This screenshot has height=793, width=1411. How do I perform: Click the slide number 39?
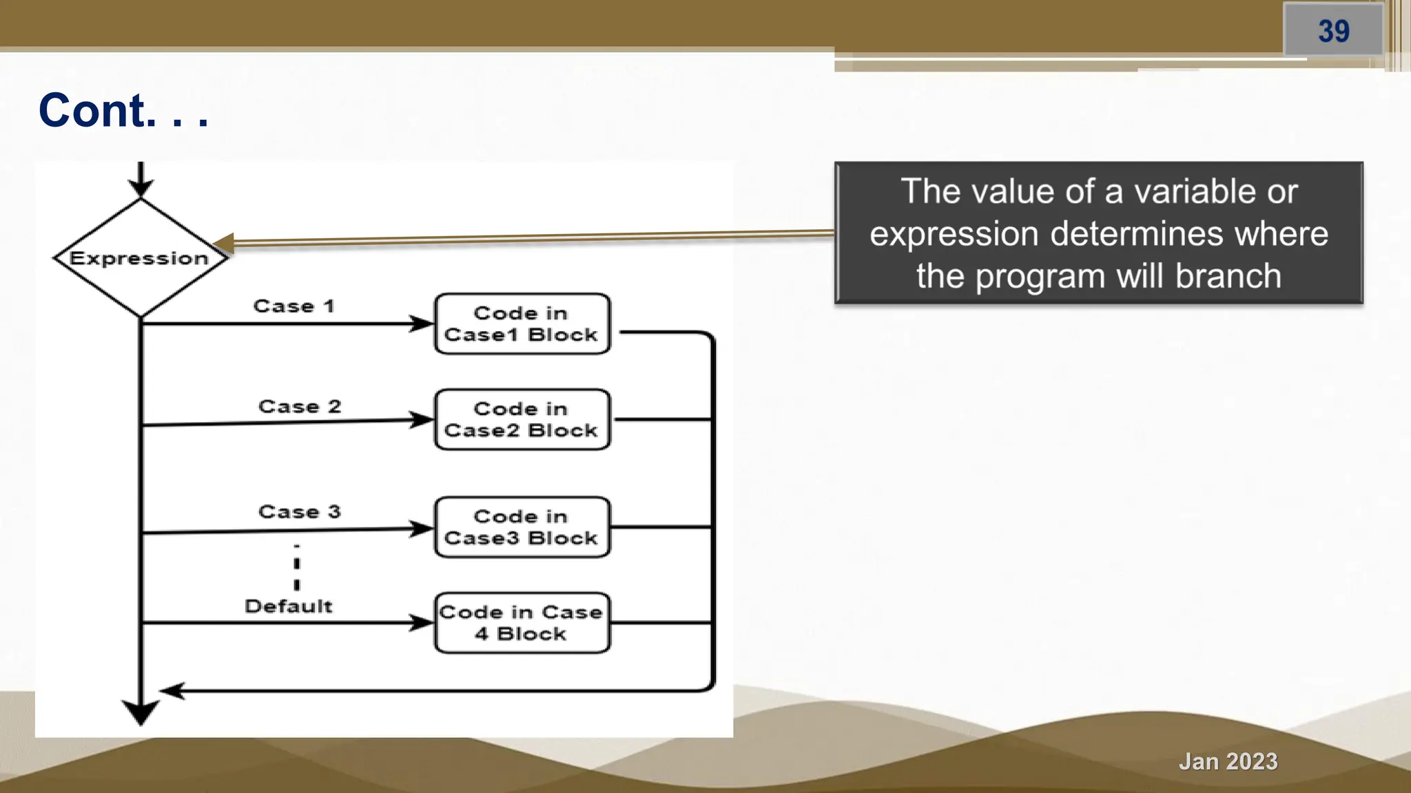pyautogui.click(x=1333, y=31)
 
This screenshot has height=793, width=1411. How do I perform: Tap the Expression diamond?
pyautogui.click(x=140, y=258)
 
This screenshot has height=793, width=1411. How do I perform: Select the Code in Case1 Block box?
pyautogui.click(x=522, y=324)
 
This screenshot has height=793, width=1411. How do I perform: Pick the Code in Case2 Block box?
pyautogui.click(x=522, y=419)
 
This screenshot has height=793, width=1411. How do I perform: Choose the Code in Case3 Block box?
pyautogui.click(x=522, y=527)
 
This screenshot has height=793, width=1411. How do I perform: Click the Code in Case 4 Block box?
pyautogui.click(x=522, y=622)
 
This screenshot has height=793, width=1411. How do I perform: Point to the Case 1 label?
pyautogui.click(x=293, y=306)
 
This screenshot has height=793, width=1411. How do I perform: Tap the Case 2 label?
pyautogui.click(x=300, y=406)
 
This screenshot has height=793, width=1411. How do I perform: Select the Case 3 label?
pyautogui.click(x=300, y=511)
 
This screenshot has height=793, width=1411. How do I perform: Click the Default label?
pyautogui.click(x=288, y=606)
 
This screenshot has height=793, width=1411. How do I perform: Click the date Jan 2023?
pyautogui.click(x=1228, y=761)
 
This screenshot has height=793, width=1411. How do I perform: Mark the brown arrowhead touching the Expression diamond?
pyautogui.click(x=224, y=243)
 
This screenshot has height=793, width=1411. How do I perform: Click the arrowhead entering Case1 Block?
pyautogui.click(x=422, y=324)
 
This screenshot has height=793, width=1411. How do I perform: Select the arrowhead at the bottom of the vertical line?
pyautogui.click(x=141, y=712)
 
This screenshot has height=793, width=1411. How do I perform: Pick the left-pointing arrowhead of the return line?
pyautogui.click(x=172, y=690)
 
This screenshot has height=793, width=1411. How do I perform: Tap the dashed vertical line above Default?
pyautogui.click(x=297, y=568)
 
